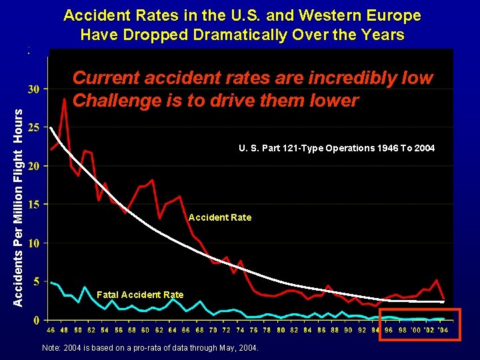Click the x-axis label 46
point(51,329)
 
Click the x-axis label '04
point(443,329)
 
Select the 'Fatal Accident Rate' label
point(140,295)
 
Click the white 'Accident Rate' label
point(220,217)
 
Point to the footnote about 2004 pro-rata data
point(151,349)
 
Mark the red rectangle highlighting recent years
point(420,325)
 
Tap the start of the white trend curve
point(51,127)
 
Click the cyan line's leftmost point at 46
point(51,283)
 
